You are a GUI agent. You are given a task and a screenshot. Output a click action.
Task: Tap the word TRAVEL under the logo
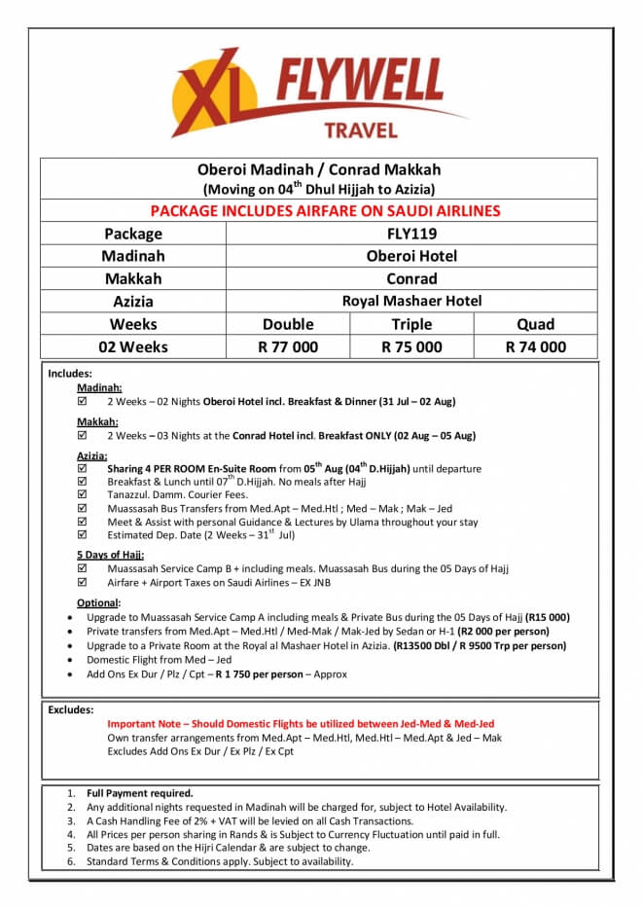tap(360, 130)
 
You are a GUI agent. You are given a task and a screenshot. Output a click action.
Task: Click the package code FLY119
tap(411, 234)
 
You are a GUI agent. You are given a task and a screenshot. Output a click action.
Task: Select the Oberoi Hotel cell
tap(411, 256)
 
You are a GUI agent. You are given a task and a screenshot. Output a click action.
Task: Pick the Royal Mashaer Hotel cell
tap(411, 301)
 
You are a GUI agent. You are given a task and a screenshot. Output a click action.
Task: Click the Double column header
tap(288, 324)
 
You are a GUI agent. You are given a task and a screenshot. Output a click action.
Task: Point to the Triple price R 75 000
tap(411, 346)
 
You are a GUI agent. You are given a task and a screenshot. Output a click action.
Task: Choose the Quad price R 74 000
tap(535, 346)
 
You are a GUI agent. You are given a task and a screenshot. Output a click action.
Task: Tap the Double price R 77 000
tap(288, 346)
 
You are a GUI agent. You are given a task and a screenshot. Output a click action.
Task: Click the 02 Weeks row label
tap(133, 346)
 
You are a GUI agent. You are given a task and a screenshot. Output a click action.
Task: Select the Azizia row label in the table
tap(133, 302)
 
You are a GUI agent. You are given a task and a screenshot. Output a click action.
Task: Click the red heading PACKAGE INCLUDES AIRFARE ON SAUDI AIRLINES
tap(325, 210)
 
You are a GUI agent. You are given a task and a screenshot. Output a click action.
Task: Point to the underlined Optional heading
tap(97, 603)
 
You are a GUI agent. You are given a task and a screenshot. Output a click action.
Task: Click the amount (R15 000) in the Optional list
tap(548, 618)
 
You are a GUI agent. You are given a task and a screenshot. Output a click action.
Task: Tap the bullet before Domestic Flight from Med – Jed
tap(66, 660)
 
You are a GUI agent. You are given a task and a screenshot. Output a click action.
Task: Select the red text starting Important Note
tap(301, 724)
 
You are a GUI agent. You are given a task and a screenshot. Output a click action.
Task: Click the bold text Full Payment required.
tap(140, 793)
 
